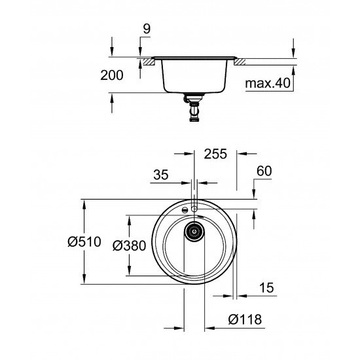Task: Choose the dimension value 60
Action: (x=264, y=171)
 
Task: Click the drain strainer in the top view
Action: (x=194, y=230)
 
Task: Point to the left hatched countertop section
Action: (x=149, y=62)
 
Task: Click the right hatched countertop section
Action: (x=240, y=62)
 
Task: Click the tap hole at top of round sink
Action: (x=194, y=207)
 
